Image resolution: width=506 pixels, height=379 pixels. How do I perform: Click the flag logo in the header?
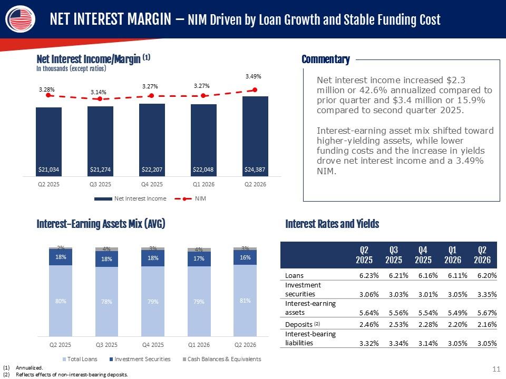click(21, 19)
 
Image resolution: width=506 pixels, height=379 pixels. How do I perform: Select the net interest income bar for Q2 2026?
click(255, 136)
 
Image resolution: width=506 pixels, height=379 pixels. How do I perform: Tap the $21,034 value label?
click(48, 169)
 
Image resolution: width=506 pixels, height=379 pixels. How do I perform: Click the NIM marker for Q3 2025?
click(100, 98)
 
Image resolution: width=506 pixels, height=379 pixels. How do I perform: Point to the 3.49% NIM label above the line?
click(254, 76)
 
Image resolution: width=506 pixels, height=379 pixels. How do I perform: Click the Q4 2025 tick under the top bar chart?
click(152, 184)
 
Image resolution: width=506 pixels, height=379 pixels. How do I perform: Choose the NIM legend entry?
click(190, 198)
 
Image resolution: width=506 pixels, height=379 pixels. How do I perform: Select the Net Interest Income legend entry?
click(130, 198)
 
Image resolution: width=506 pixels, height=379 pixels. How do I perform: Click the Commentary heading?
click(326, 59)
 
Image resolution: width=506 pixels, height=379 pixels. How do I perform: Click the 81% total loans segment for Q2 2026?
click(245, 301)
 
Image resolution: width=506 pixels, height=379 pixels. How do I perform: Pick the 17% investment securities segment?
click(199, 259)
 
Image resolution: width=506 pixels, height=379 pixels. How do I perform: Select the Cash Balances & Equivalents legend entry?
click(222, 359)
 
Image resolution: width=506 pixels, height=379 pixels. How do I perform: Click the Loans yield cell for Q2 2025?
click(369, 275)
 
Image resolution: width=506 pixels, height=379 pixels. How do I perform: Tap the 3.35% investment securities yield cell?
click(487, 294)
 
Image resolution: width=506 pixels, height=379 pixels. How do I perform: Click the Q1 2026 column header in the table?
click(452, 255)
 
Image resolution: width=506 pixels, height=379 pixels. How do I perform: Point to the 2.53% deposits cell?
click(398, 325)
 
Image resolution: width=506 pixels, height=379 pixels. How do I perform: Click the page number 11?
click(497, 369)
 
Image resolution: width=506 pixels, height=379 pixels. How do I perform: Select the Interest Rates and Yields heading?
click(332, 224)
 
